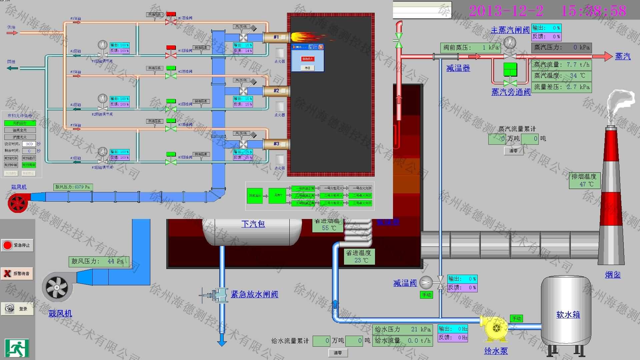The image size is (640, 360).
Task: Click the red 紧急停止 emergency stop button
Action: (x=17, y=245)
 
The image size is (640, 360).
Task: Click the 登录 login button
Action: (x=17, y=309)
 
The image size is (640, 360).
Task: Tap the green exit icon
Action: (x=17, y=348)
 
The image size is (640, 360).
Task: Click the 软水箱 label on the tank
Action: (x=568, y=315)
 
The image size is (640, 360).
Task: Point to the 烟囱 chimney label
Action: (x=613, y=275)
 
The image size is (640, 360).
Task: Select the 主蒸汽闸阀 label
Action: (x=510, y=30)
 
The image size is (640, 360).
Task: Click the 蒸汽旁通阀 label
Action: (x=511, y=92)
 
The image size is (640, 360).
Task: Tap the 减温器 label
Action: (x=458, y=68)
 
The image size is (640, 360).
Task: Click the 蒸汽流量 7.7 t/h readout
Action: (x=561, y=65)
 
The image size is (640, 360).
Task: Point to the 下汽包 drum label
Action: (x=253, y=224)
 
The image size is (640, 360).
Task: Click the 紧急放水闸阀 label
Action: (x=255, y=294)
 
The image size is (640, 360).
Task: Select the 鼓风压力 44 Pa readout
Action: (x=98, y=261)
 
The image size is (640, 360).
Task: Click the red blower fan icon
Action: (x=17, y=202)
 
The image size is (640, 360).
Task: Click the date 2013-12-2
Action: (x=506, y=11)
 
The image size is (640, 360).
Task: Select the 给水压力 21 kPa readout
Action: (x=402, y=329)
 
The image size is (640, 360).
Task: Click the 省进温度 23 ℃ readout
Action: (x=359, y=257)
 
